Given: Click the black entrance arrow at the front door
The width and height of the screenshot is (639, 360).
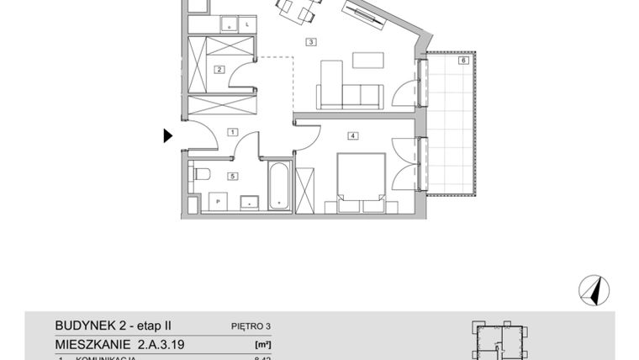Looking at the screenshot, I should click(168, 135).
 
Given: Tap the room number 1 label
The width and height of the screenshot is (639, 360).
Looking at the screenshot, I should click(232, 132).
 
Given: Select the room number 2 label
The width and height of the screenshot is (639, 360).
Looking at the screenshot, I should click(219, 69).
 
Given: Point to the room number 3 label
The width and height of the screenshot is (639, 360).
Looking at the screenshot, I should click(310, 41).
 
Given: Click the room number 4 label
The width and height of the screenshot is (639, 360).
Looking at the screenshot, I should click(353, 135).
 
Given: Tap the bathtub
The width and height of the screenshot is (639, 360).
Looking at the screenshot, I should click(279, 188).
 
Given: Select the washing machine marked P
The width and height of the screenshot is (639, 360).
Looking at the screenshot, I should click(217, 202).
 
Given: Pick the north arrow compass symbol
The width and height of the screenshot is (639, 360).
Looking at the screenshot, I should click(594, 290).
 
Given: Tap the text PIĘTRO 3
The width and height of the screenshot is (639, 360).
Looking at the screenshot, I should click(251, 326).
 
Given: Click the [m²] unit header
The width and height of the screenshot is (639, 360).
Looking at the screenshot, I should click(261, 344).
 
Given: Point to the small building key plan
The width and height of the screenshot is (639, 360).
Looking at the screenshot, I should click(502, 340).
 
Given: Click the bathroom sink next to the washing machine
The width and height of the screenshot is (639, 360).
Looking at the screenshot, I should click(249, 202).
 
